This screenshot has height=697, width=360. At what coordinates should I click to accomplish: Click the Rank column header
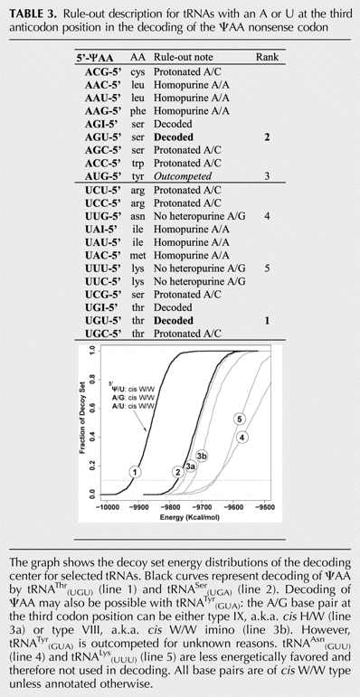[x=268, y=57]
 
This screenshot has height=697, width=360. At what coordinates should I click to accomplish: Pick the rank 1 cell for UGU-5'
[x=268, y=321]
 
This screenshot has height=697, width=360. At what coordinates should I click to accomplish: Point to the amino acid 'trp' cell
[x=137, y=163]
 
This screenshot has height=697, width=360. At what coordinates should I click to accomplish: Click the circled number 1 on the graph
[x=137, y=472]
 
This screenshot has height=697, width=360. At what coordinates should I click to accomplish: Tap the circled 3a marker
[x=191, y=466]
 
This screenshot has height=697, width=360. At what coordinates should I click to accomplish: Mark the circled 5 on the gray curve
[x=240, y=419]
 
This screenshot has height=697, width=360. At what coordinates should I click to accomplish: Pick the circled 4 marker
[x=242, y=438]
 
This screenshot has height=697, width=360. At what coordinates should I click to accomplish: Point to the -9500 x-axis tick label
[x=265, y=506]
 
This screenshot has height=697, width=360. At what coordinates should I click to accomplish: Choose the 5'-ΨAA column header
[x=94, y=57]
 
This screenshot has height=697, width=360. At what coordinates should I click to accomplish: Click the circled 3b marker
[x=202, y=455]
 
